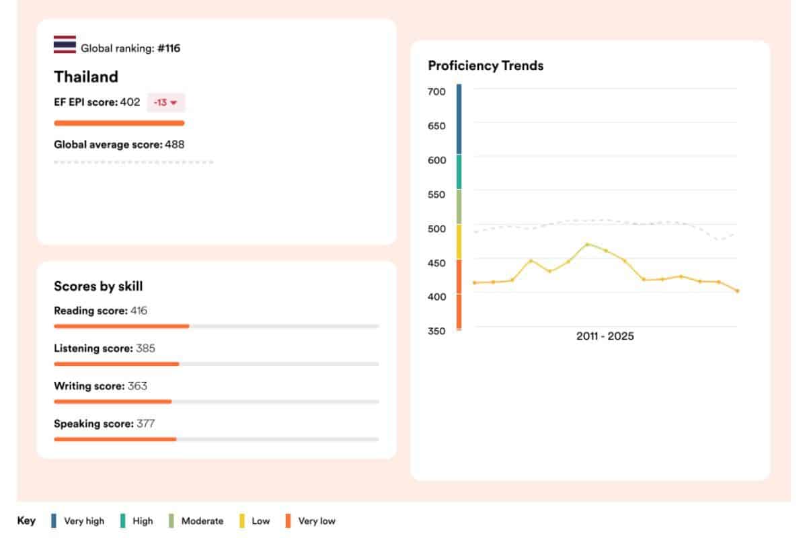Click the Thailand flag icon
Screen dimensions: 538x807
(65, 44)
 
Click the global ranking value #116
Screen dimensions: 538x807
(169, 48)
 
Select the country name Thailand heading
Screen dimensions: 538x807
(86, 77)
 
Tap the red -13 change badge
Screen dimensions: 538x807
(165, 103)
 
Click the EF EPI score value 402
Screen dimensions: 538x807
(130, 102)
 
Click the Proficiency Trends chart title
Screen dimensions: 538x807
(486, 65)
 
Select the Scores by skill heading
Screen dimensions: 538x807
(98, 286)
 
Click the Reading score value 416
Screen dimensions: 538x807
(139, 311)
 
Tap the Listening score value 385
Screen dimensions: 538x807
(145, 348)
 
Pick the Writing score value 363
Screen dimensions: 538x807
(137, 386)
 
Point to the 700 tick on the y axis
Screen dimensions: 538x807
(436, 91)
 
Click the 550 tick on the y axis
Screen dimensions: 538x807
(436, 194)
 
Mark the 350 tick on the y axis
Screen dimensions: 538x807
(436, 331)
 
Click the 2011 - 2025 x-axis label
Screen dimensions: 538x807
(605, 336)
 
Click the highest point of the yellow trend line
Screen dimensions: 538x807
(588, 244)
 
